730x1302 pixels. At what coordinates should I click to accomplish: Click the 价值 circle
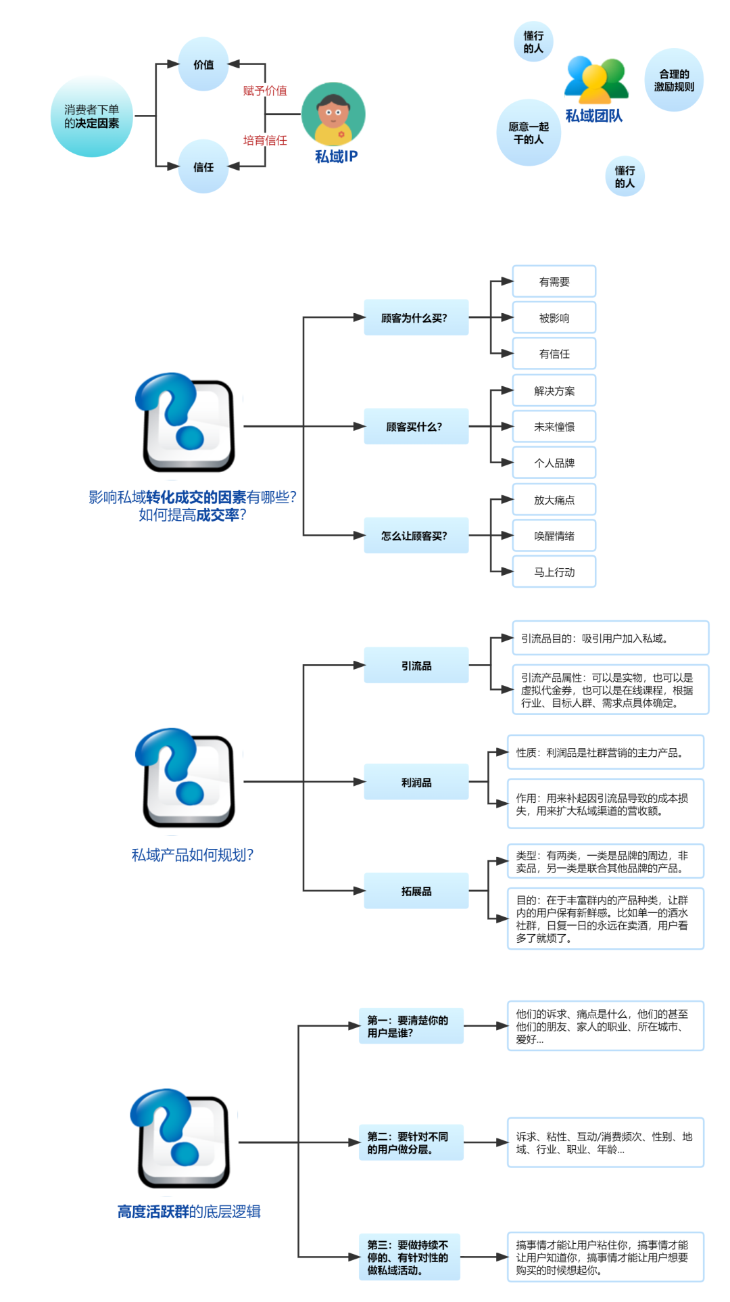click(203, 64)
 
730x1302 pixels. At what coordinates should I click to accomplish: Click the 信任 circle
click(203, 166)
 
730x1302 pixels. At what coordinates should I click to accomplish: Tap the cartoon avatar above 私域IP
click(333, 114)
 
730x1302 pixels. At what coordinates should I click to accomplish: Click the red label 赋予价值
click(265, 91)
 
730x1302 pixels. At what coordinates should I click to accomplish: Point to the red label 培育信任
click(265, 140)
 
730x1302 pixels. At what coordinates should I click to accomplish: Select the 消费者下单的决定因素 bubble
click(92, 116)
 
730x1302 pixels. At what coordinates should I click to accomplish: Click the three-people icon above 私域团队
click(596, 80)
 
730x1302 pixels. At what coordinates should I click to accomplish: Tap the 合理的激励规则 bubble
click(674, 80)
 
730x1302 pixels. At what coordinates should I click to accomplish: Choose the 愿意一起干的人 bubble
click(529, 133)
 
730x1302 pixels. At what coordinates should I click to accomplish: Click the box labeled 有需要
click(554, 281)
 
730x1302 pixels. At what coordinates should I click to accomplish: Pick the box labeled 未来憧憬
click(554, 427)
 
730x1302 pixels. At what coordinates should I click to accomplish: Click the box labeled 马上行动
click(554, 572)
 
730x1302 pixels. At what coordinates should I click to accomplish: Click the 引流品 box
click(416, 666)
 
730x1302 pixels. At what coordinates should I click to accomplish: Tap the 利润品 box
click(416, 782)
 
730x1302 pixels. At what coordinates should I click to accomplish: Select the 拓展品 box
click(416, 891)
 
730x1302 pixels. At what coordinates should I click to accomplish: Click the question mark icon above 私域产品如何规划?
click(185, 777)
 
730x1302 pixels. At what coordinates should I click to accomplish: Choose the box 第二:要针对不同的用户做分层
click(411, 1142)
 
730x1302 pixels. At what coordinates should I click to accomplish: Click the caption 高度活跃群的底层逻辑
click(189, 1211)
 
